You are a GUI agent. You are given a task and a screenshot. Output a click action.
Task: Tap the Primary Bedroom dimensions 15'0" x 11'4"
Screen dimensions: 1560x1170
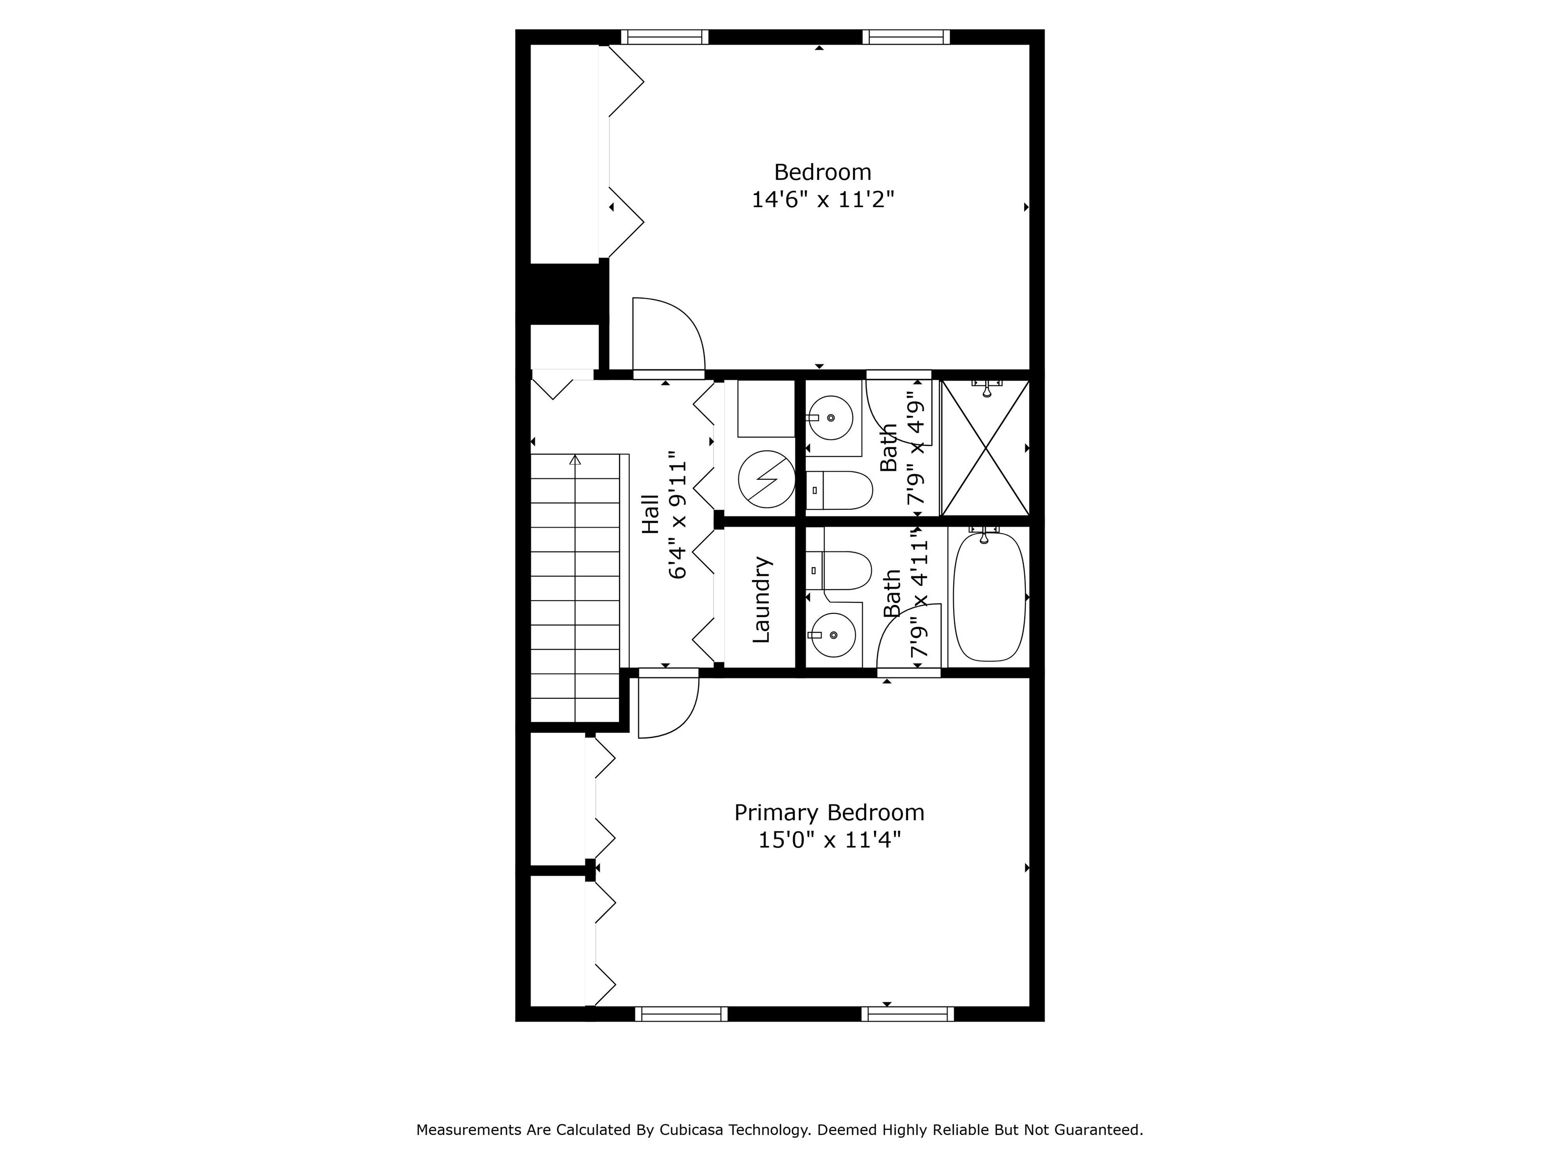click(829, 840)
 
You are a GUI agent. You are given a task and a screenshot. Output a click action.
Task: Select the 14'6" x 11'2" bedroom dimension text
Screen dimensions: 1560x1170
click(822, 200)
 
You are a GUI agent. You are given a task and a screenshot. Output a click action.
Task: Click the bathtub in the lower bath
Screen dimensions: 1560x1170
click(989, 597)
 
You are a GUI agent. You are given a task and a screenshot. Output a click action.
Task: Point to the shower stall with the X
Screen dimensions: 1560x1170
click(985, 448)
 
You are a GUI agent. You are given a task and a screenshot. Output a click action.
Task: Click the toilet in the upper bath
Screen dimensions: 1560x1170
click(839, 490)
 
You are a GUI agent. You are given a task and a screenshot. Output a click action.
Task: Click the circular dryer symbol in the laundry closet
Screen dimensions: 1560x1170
click(767, 479)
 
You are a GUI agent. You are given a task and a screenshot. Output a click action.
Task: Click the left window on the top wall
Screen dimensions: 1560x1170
click(664, 37)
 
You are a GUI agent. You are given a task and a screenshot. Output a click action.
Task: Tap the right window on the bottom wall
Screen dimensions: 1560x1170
click(907, 1014)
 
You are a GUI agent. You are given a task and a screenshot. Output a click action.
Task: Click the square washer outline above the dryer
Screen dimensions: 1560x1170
click(766, 408)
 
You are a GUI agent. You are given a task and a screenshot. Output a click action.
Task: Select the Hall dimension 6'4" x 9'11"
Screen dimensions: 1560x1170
click(678, 515)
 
